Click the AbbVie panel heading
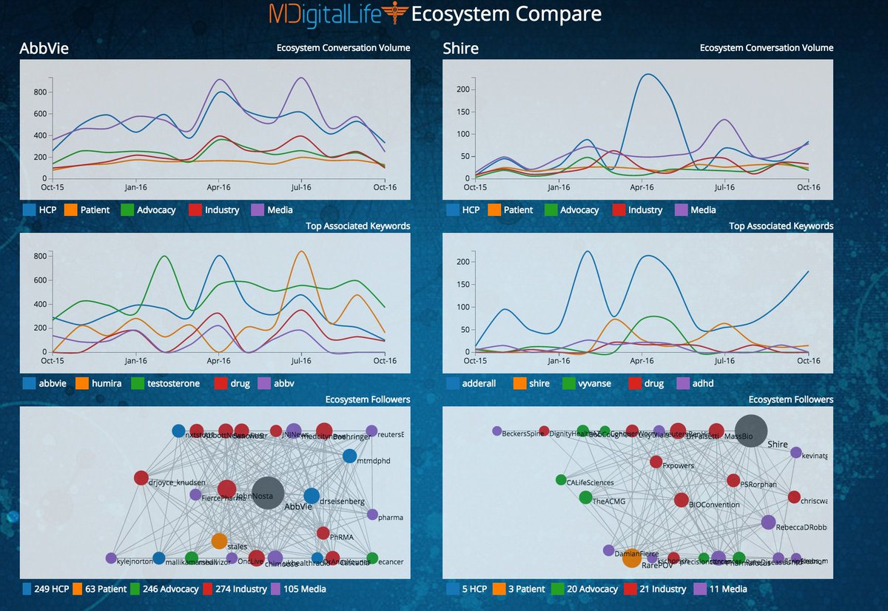coord(44,50)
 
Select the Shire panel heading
coord(460,50)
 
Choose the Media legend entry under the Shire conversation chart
coord(696,210)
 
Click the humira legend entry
coord(96,384)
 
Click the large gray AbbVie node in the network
coord(267,493)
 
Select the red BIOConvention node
coord(681,500)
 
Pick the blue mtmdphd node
coord(350,456)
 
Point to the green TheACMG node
coord(586,498)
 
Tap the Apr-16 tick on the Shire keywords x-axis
coord(643,361)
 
